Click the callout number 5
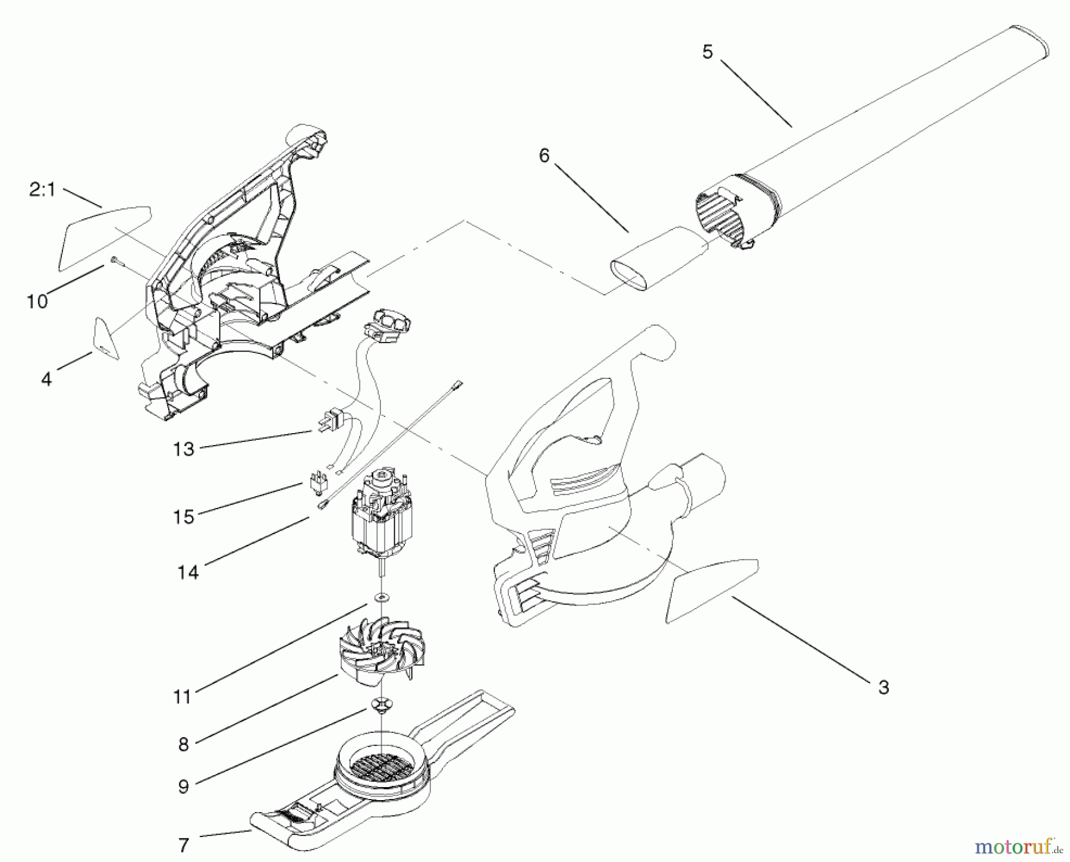707,52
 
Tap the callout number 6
544,156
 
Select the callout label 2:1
42,190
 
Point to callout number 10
37,302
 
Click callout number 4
46,379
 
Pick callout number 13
184,449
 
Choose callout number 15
184,517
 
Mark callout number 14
188,572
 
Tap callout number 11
182,697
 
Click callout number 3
883,687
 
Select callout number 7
183,844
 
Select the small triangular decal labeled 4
106,340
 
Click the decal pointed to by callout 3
710,589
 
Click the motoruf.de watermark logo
1017,846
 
